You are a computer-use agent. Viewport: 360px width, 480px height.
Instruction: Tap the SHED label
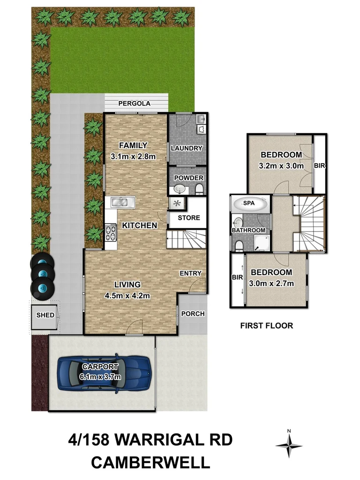point(45,315)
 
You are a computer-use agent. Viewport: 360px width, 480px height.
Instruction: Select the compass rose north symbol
point(289,443)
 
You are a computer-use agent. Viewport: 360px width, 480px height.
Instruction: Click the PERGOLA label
point(134,104)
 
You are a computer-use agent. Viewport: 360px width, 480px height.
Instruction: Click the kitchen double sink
point(122,202)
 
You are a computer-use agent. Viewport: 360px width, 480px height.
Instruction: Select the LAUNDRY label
point(186,148)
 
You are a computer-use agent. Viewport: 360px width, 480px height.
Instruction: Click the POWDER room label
point(188,178)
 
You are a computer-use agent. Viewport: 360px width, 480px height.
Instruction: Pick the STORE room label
point(189,217)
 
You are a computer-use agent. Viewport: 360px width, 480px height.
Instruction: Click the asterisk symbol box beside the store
point(177,203)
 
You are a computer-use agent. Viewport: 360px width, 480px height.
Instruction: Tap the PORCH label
point(193,314)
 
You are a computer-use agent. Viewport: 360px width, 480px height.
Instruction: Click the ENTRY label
point(190,273)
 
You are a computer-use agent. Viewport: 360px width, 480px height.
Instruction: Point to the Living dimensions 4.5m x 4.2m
point(127,295)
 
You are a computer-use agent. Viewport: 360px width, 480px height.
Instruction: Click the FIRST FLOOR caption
point(266,325)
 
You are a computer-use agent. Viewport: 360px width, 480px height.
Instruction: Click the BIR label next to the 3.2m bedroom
point(320,165)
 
